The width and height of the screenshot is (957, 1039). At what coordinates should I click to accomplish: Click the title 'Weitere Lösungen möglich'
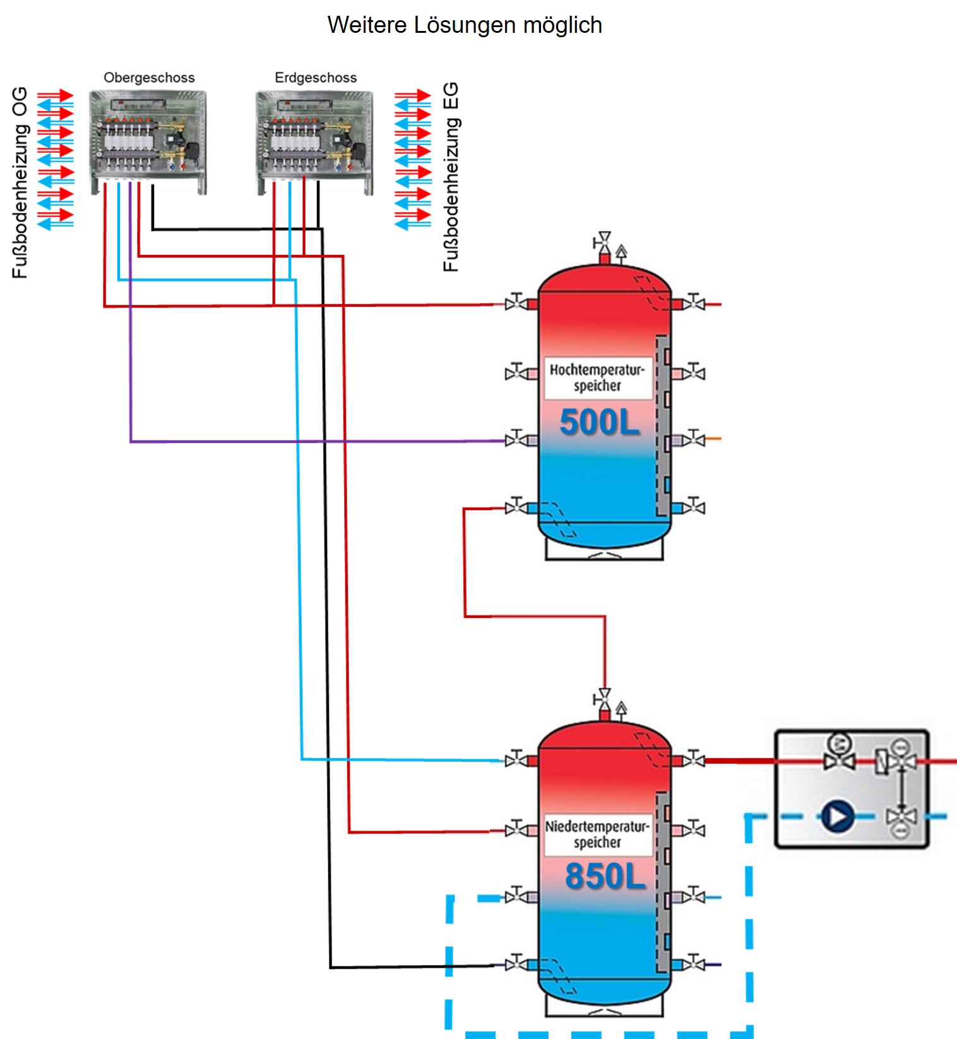tap(465, 25)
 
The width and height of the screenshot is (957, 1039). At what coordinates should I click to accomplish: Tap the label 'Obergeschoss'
tap(149, 78)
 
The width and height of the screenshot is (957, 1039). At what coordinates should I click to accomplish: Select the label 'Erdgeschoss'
tap(316, 78)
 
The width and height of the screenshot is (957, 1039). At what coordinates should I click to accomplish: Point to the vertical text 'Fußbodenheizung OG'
tap(20, 183)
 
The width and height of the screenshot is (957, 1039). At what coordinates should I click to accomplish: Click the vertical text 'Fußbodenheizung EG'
tap(451, 177)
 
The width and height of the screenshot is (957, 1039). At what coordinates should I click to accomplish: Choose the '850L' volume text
tap(605, 876)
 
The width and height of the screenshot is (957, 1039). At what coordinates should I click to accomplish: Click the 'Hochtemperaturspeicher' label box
tap(597, 377)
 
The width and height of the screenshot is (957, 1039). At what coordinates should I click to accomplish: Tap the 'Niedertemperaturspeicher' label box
tap(597, 834)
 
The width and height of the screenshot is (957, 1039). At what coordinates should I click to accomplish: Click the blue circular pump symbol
tap(837, 817)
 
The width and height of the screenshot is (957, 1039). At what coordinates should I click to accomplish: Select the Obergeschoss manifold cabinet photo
tap(148, 142)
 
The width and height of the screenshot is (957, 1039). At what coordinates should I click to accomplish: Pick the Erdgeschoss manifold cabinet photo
tap(314, 142)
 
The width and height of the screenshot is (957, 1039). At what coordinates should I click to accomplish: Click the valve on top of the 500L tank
tap(604, 240)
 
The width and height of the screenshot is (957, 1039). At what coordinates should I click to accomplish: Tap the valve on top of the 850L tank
tap(604, 698)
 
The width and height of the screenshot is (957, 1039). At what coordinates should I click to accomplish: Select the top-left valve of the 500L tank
tap(516, 303)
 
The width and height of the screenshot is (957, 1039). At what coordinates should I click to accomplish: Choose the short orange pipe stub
tap(713, 438)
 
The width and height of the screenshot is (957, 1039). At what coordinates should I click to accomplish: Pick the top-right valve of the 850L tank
tap(694, 759)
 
